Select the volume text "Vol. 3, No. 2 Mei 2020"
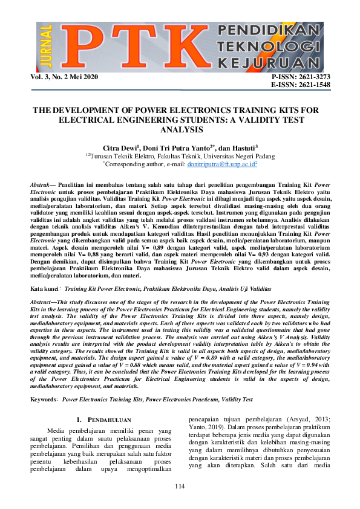(64, 78)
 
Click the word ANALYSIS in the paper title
(180, 129)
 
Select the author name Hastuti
(243, 148)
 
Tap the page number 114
(180, 487)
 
